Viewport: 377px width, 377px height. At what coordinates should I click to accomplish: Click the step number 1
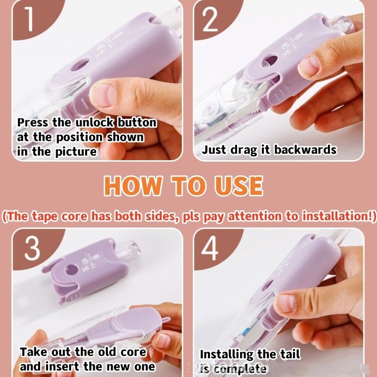(29, 19)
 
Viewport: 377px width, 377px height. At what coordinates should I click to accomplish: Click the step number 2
(210, 19)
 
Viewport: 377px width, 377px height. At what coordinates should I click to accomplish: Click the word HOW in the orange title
(132, 186)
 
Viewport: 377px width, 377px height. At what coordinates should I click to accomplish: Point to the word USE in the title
(239, 186)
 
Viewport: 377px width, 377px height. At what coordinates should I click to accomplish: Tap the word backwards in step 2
(305, 149)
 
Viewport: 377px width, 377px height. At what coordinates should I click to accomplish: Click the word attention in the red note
(254, 216)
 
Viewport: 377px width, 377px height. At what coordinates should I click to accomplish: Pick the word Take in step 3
(34, 352)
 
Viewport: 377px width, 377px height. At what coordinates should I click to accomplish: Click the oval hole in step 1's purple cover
(81, 64)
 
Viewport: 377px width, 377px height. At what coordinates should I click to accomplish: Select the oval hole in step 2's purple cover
(270, 61)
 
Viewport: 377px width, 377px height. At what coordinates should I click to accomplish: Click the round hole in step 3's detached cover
(72, 270)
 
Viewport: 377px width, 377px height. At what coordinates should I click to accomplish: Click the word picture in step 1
(76, 152)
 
